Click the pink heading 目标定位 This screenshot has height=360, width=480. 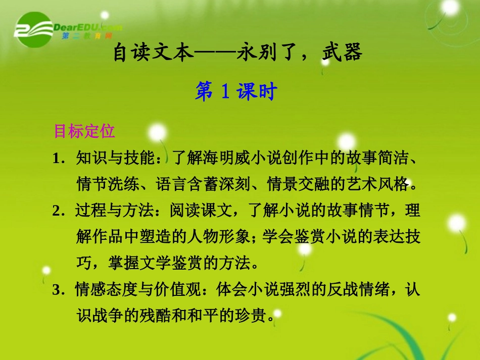[84, 131]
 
